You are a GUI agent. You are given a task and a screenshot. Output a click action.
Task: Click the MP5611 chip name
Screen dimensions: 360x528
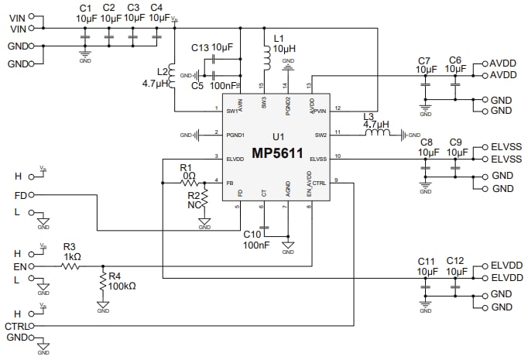click(x=276, y=153)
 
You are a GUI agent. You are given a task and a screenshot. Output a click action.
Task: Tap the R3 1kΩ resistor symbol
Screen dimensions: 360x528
click(x=70, y=266)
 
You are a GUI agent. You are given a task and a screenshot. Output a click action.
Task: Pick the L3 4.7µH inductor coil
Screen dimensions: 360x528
click(x=376, y=135)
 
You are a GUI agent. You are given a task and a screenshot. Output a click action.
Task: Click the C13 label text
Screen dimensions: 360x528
click(x=200, y=48)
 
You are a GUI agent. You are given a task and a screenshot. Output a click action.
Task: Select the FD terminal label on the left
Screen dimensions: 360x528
click(x=20, y=195)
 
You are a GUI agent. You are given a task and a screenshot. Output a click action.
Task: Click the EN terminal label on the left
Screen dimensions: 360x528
click(x=20, y=266)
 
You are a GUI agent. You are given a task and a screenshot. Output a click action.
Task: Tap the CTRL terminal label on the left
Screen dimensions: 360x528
click(x=16, y=327)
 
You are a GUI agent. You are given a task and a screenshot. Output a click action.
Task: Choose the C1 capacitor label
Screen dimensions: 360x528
click(x=85, y=7)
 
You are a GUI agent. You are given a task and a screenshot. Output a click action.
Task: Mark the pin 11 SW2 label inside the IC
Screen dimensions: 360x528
click(x=319, y=134)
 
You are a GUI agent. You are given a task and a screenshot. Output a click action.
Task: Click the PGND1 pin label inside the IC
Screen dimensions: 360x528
click(x=235, y=134)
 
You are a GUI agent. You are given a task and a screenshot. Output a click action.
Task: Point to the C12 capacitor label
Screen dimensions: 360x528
click(x=455, y=261)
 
